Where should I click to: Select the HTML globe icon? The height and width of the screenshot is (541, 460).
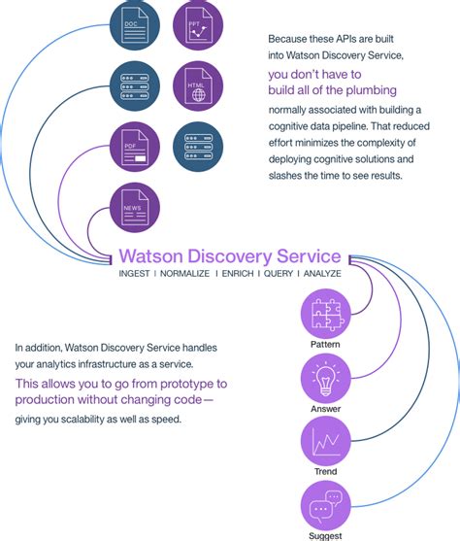click(x=198, y=87)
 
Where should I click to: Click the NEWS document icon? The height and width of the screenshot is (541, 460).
click(x=134, y=206)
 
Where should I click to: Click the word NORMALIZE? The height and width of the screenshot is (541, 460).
click(x=190, y=276)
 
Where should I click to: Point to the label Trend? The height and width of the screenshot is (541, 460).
click(x=325, y=472)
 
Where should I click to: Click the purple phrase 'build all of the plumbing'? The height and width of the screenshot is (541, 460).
click(x=332, y=90)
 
